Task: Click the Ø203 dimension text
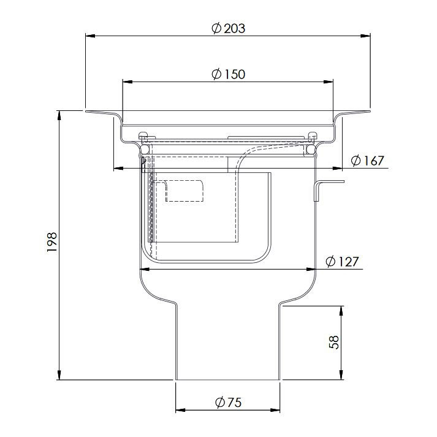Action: pyautogui.click(x=228, y=29)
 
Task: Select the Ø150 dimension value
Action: pyautogui.click(x=228, y=74)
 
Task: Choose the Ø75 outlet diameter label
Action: pyautogui.click(x=229, y=403)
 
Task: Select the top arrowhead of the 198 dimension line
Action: pyautogui.click(x=59, y=115)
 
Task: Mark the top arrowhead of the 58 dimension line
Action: pyautogui.click(x=340, y=309)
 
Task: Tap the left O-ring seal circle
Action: pyautogui.click(x=145, y=148)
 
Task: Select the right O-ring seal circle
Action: pyautogui.click(x=311, y=148)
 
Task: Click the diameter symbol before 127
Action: pyautogui.click(x=330, y=262)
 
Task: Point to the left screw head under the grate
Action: pyautogui.click(x=144, y=135)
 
